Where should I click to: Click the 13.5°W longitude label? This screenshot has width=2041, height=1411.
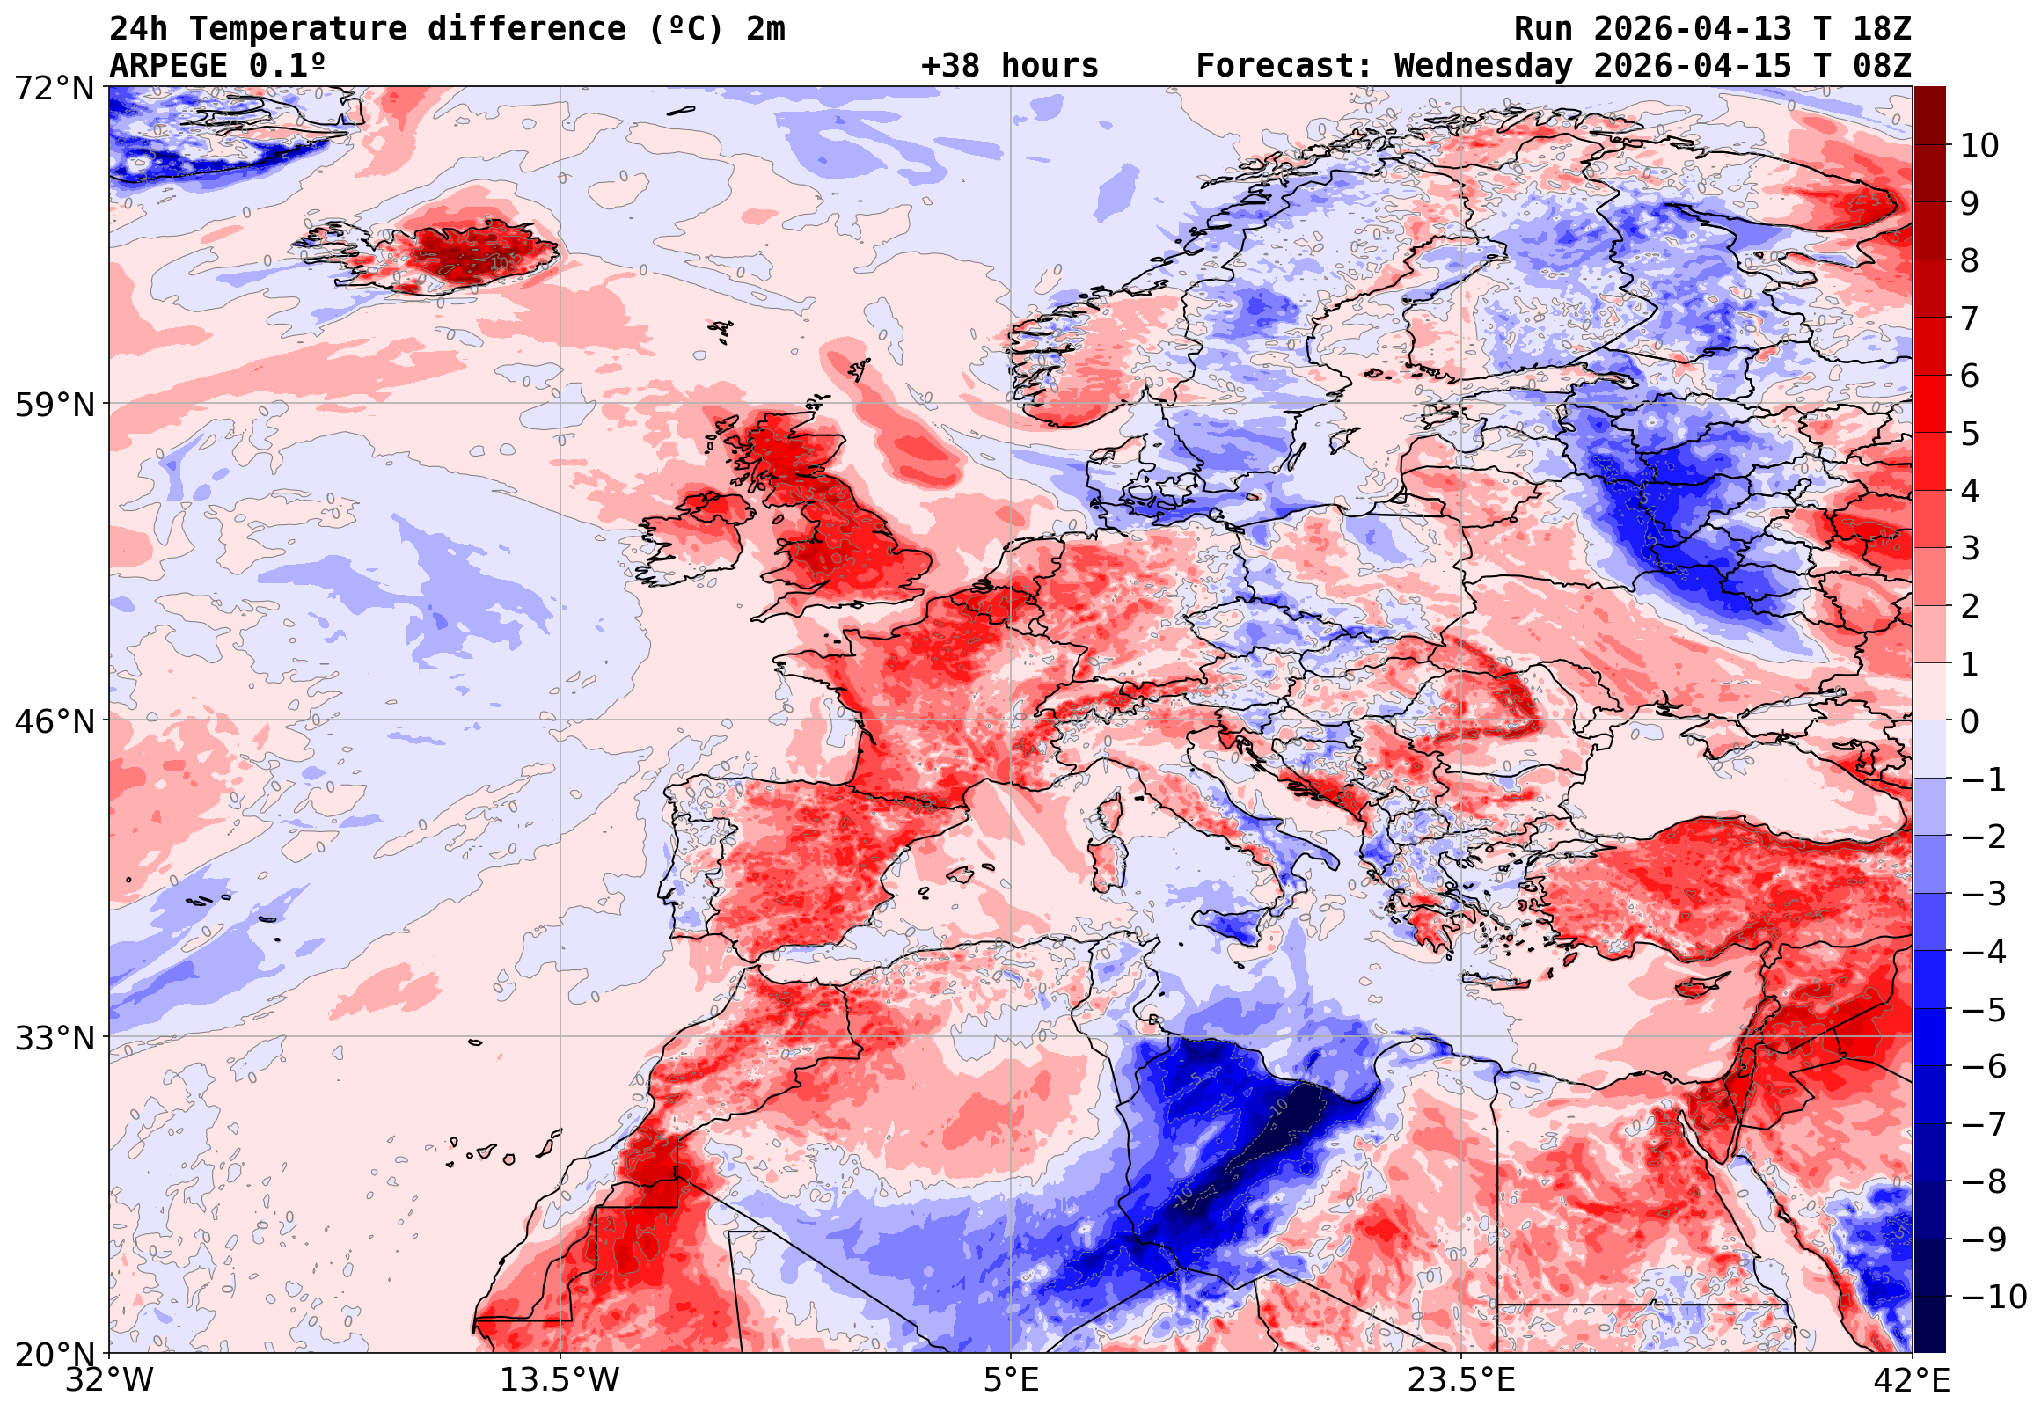560,1380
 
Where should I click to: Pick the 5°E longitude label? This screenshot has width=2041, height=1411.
1010,1380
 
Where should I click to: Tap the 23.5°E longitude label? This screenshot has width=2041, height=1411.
1461,1380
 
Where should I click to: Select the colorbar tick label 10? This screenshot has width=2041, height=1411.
1979,146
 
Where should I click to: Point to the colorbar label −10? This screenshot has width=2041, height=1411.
1993,1297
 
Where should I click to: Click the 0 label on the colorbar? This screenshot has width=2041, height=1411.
1970,721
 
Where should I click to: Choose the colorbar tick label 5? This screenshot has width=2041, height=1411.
1970,434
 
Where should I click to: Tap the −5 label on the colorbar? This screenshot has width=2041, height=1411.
1984,1010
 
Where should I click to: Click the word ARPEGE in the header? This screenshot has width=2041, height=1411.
168,65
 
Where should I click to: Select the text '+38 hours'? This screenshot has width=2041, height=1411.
1009,65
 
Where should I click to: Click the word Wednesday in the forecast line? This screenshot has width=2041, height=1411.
1483,65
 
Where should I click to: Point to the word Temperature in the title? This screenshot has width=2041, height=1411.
297,29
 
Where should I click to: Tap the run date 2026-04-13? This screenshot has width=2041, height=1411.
1693,29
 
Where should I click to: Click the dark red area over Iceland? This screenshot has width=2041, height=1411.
469,252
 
